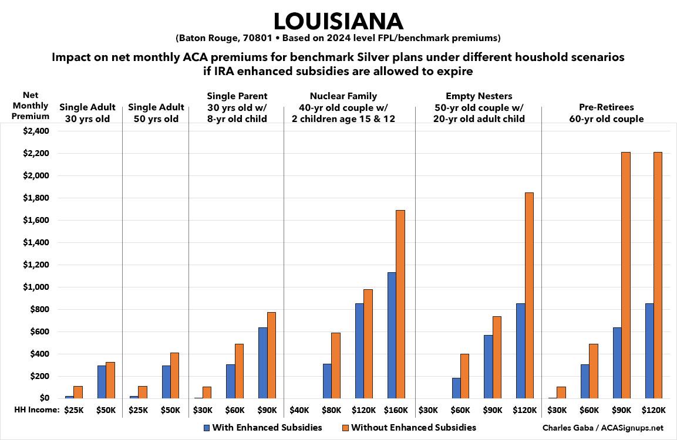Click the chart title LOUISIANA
coord(338,22)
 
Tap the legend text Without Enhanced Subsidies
coord(413,428)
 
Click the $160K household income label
coord(396,410)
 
